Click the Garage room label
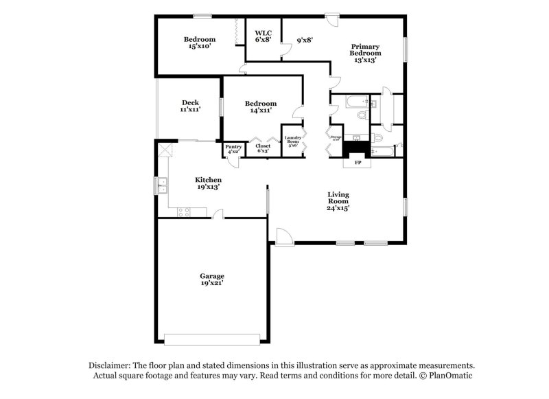tap(212, 279)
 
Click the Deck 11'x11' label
tap(190, 106)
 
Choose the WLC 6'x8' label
tap(264, 36)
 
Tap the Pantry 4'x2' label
tap(233, 148)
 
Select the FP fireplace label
tap(358, 163)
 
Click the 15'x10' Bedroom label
tap(200, 43)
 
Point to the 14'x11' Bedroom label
tap(261, 106)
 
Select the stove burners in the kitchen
tap(184, 212)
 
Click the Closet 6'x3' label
tap(263, 148)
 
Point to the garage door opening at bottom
tap(212, 339)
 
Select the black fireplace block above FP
tap(356, 146)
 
